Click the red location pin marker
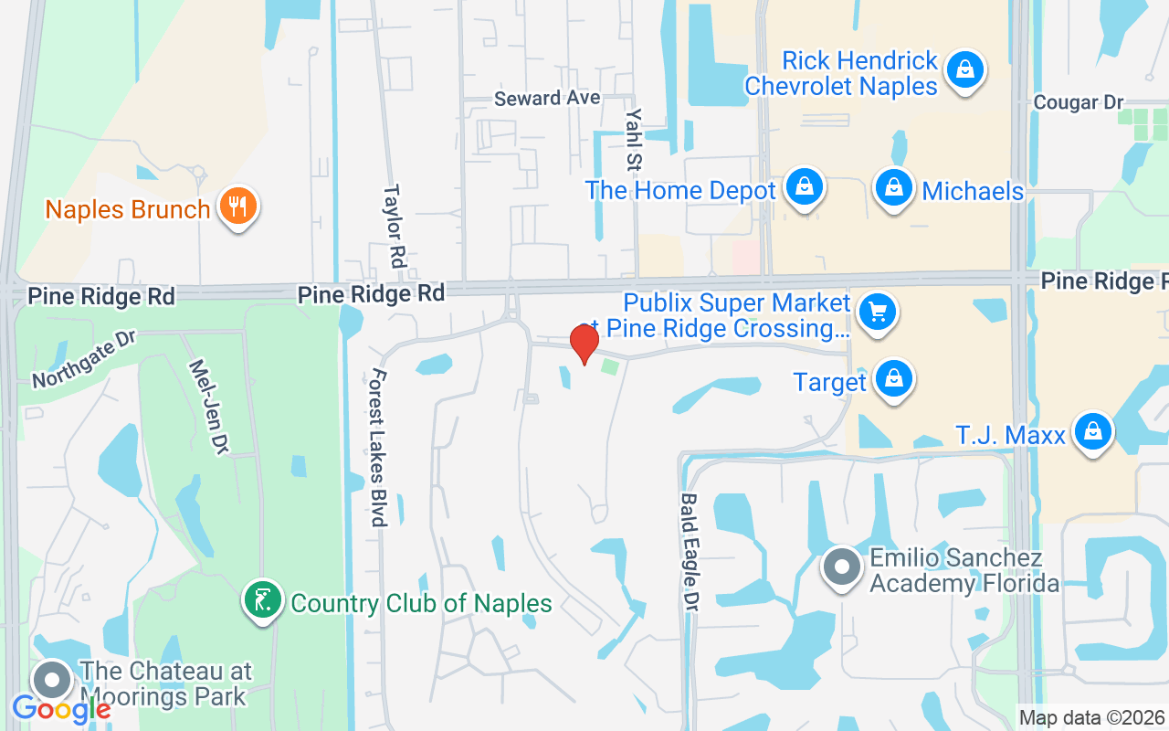pyautogui.click(x=584, y=344)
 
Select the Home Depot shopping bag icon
pyautogui.click(x=804, y=187)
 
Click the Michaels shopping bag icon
pyautogui.click(x=894, y=188)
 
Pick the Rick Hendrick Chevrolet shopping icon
pyautogui.click(x=964, y=69)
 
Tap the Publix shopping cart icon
pyautogui.click(x=878, y=313)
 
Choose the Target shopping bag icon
pyautogui.click(x=894, y=378)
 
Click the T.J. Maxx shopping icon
pyautogui.click(x=1092, y=431)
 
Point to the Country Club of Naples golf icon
pyautogui.click(x=263, y=601)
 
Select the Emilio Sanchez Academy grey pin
pyautogui.click(x=842, y=567)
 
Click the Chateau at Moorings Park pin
pyautogui.click(x=52, y=681)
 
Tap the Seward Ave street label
pyautogui.click(x=547, y=98)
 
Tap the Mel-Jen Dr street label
pyautogui.click(x=208, y=406)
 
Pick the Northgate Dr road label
pyautogui.click(x=83, y=358)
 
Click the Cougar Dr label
pyautogui.click(x=1078, y=102)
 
